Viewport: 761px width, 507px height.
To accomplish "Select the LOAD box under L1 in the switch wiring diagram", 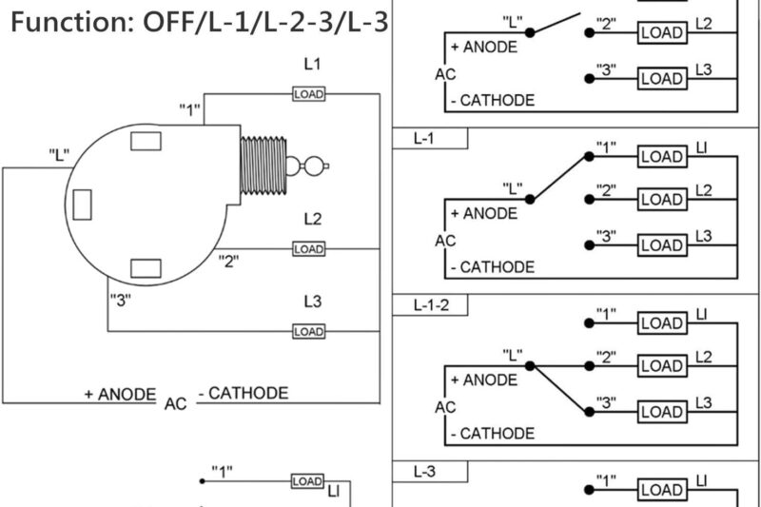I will click(309, 93).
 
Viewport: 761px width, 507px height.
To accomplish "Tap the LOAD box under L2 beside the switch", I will click(309, 248).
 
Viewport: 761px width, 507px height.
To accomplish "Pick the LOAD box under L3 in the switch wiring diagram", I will click(309, 331).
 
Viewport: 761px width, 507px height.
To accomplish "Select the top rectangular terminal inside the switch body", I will click(146, 142).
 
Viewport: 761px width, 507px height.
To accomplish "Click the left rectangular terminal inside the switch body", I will click(83, 205).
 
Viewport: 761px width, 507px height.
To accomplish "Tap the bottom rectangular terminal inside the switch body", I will click(146, 268).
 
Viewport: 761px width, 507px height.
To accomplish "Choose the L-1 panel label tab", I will click(429, 139).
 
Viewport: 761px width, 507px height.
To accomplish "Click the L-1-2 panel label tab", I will click(429, 305).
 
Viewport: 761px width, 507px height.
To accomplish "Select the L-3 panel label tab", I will click(429, 471).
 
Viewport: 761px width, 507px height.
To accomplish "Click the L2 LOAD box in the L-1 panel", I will click(661, 200).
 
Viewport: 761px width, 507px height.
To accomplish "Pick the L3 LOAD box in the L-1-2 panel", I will click(661, 412).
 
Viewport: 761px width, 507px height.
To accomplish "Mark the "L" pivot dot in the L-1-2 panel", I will click(531, 365).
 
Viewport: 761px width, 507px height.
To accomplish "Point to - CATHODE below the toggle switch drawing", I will click(243, 393).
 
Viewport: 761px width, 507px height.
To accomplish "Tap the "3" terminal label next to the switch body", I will click(121, 301).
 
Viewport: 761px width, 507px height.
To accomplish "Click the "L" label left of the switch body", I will click(59, 155).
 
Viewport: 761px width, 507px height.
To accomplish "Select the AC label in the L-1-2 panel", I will click(445, 407).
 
